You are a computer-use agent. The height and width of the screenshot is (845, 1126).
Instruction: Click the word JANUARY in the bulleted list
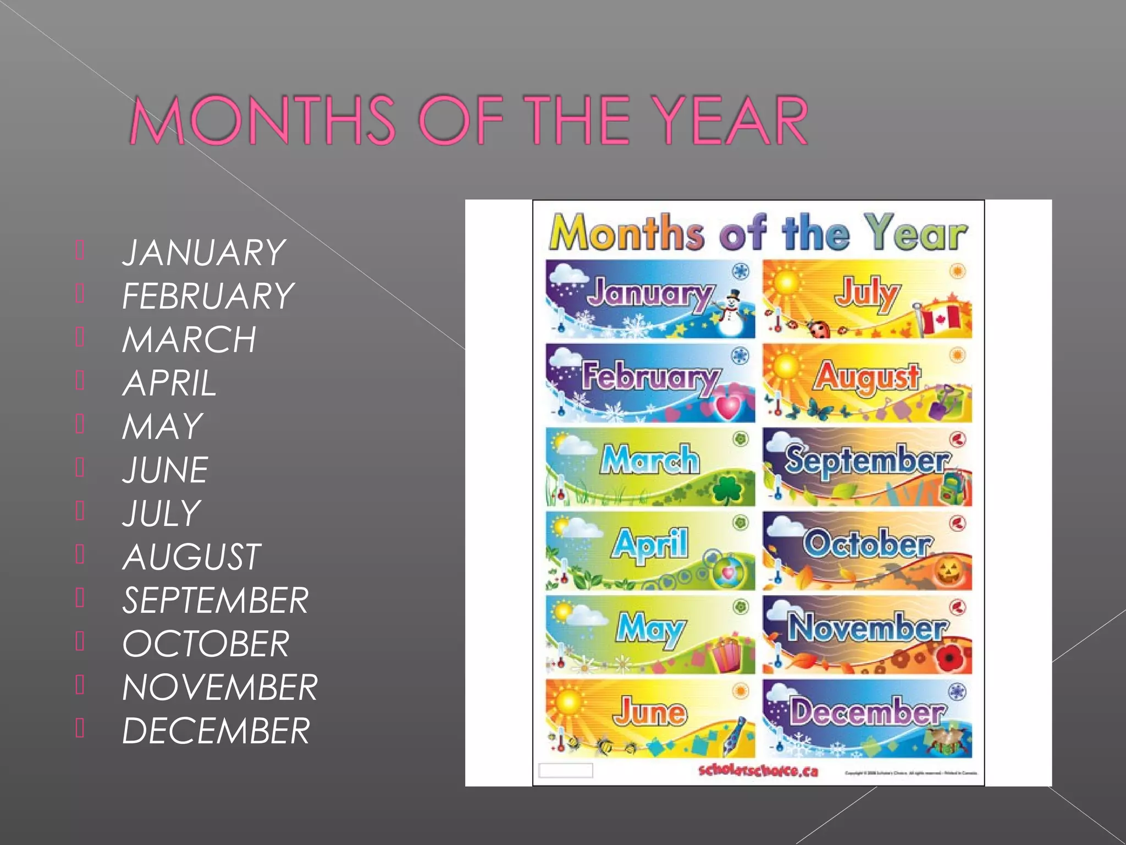[x=203, y=253]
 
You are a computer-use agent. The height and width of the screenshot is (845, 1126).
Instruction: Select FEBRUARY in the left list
[x=208, y=297]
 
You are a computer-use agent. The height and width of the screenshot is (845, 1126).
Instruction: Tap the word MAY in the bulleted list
[x=162, y=427]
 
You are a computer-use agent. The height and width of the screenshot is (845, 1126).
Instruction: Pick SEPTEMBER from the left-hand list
[x=215, y=601]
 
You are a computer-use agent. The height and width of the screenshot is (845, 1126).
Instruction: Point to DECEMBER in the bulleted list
[x=216, y=731]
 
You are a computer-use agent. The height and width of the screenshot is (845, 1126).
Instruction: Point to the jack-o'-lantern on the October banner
[x=948, y=572]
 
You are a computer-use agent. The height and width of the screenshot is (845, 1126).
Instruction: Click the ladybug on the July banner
[x=820, y=329]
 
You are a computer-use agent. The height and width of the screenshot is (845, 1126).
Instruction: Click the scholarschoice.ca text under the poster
[x=758, y=771]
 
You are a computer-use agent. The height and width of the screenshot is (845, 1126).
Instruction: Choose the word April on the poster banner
[x=650, y=544]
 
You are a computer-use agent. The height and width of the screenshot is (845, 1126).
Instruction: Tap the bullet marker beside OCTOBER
[x=80, y=641]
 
